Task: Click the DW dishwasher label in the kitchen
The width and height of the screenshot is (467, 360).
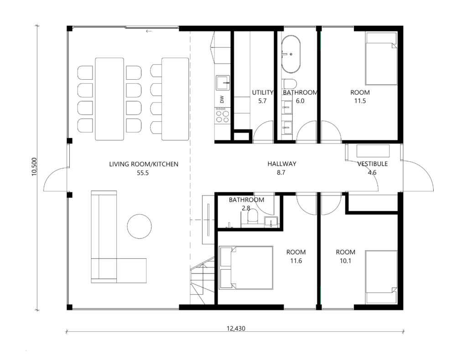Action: coord(222,99)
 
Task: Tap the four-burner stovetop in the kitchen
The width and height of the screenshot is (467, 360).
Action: coord(223,115)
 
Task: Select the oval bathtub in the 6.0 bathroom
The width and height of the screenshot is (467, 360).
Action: coord(291,54)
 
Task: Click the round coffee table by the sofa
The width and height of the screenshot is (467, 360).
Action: coord(140,226)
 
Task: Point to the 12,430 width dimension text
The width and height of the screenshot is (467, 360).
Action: coord(236,329)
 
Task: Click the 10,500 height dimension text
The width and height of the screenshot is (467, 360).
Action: coord(34,167)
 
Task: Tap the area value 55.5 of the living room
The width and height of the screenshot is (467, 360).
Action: coord(143,173)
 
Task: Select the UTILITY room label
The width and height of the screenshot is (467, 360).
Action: coord(262,93)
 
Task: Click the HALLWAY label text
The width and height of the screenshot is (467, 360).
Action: coord(282,164)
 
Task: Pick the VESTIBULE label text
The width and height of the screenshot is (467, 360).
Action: coord(372,164)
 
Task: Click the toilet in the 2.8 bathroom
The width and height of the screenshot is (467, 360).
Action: coord(253,216)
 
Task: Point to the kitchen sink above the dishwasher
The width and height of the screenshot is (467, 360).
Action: coord(223,83)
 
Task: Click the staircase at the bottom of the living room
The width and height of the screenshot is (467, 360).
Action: coord(202,281)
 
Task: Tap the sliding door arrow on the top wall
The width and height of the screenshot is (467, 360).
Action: coord(149,31)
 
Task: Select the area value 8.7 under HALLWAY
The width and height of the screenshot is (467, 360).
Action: coord(281,173)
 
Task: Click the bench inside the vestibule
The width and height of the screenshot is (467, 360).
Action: coord(373,151)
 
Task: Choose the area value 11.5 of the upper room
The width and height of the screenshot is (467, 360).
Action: coord(360,101)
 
